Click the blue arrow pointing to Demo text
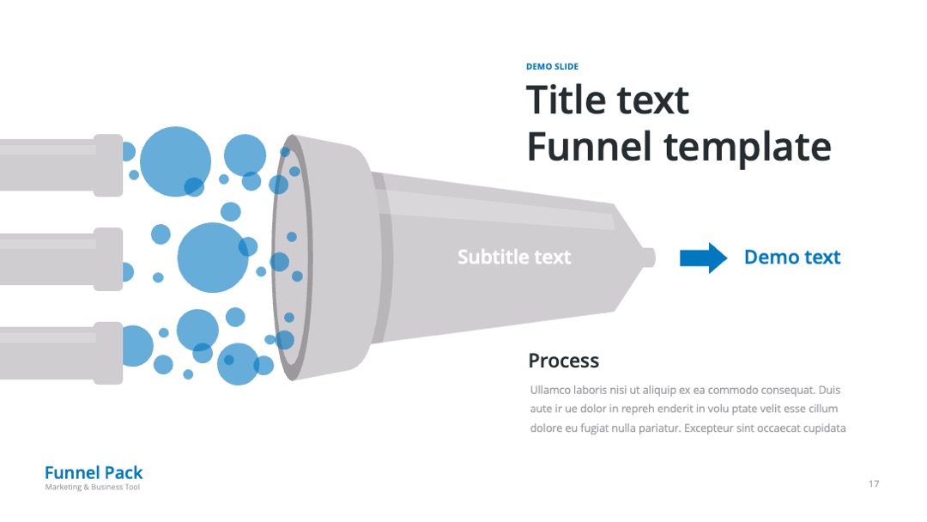click(703, 258)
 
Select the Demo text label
click(792, 258)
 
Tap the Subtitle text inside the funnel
click(514, 258)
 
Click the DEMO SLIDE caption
click(552, 67)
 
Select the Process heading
click(563, 361)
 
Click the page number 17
click(874, 484)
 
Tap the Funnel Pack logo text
click(94, 473)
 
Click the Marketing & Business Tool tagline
click(92, 487)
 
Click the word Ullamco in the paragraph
click(550, 390)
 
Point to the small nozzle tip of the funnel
click(648, 258)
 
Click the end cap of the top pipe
click(108, 165)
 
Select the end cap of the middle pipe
click(108, 259)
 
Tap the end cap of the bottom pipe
click(108, 353)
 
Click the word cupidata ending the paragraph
click(824, 428)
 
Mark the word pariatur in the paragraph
click(658, 428)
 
